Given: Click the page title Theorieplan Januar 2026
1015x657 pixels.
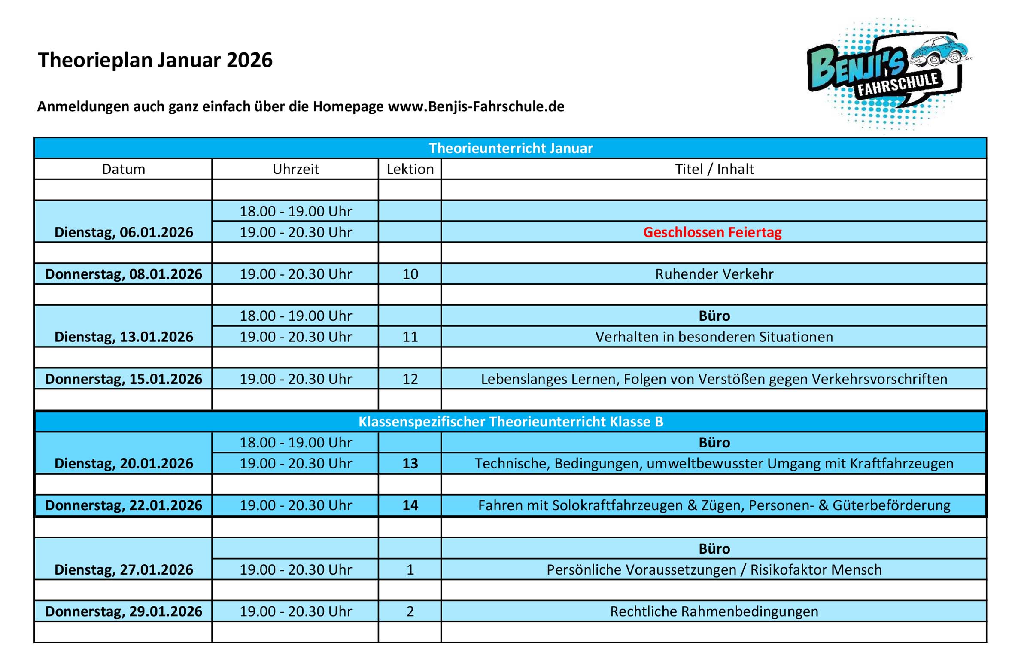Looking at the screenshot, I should coord(155,60).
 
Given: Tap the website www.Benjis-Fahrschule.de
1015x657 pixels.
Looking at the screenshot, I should coord(476,106).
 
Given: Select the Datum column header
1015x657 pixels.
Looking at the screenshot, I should coord(123,169).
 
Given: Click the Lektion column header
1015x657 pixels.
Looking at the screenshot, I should coord(410,169).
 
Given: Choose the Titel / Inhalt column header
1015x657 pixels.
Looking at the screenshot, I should coord(714,169).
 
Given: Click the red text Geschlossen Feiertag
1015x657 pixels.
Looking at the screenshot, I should coord(712,232).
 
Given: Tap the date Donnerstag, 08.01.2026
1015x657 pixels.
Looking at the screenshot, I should coord(123,274).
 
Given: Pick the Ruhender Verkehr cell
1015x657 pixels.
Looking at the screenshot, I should coord(714,274).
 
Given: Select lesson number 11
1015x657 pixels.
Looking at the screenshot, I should coord(410,337).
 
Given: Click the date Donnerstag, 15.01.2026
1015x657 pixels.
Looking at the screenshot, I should coord(123,379).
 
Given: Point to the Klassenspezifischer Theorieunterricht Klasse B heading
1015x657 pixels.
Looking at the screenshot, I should coord(511,422).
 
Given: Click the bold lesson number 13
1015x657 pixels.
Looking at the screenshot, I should coord(410,463).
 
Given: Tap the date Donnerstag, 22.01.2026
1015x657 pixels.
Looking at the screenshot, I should coord(123,505).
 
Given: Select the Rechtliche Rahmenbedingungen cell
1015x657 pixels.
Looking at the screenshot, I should coord(714,611).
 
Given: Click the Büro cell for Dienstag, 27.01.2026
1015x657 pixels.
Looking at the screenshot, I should coord(714,549).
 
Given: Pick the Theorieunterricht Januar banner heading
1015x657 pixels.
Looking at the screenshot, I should coord(511,148).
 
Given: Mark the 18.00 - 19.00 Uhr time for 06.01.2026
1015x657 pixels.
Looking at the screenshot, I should coord(295,211).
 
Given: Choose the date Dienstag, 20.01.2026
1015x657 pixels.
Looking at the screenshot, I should coord(123,463).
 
